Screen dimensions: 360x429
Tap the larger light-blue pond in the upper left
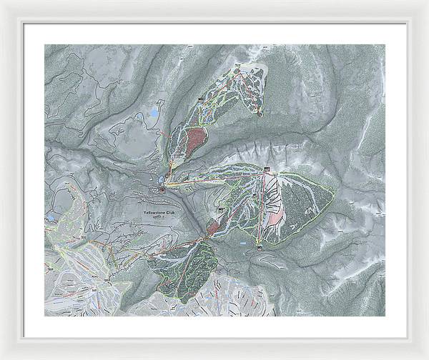tap(153, 114)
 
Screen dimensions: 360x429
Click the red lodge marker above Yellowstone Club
tap(163, 190)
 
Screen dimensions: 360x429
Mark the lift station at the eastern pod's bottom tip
tap(260, 245)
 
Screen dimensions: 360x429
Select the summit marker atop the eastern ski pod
tap(267, 169)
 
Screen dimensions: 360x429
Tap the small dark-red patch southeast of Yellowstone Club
tap(213, 227)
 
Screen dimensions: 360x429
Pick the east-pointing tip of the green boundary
tap(334, 191)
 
